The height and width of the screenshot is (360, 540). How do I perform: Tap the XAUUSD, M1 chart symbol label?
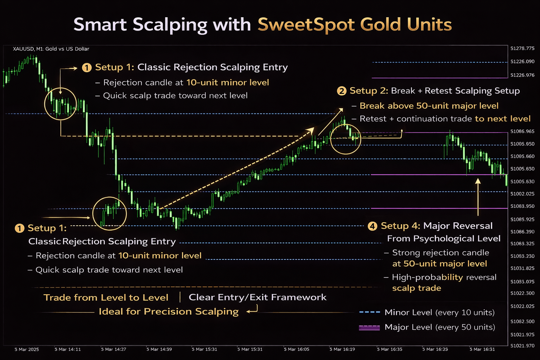pyautogui.click(x=51, y=49)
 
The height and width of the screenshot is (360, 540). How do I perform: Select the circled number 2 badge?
pyautogui.click(x=341, y=91)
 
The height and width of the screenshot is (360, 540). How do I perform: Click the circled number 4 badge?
pyautogui.click(x=372, y=226)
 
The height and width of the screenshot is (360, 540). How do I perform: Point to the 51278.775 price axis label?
pyautogui.click(x=522, y=49)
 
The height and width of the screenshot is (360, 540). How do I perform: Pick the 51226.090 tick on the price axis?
pyautogui.click(x=522, y=62)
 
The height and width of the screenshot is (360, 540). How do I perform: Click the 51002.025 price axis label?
pyautogui.click(x=522, y=194)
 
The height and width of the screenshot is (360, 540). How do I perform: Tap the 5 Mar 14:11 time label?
pyautogui.click(x=67, y=349)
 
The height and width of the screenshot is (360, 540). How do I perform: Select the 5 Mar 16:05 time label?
pyautogui.click(x=296, y=349)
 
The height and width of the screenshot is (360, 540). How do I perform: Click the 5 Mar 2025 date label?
pyautogui.click(x=27, y=349)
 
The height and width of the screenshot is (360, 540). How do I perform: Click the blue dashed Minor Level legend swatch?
pyautogui.click(x=369, y=312)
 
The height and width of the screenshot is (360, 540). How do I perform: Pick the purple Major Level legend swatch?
pyautogui.click(x=369, y=327)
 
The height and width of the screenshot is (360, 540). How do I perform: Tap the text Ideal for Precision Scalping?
pyautogui.click(x=168, y=311)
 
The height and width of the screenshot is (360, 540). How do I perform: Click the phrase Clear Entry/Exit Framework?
pyautogui.click(x=257, y=297)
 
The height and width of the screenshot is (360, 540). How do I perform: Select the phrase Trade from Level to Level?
pyautogui.click(x=106, y=297)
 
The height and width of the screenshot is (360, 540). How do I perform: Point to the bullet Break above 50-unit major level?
pyautogui.click(x=429, y=106)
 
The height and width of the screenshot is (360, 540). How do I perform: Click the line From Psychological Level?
pyautogui.click(x=444, y=239)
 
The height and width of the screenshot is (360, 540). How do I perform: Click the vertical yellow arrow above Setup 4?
pyautogui.click(x=478, y=197)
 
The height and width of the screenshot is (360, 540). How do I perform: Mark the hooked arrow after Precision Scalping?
pyautogui.click(x=252, y=309)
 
